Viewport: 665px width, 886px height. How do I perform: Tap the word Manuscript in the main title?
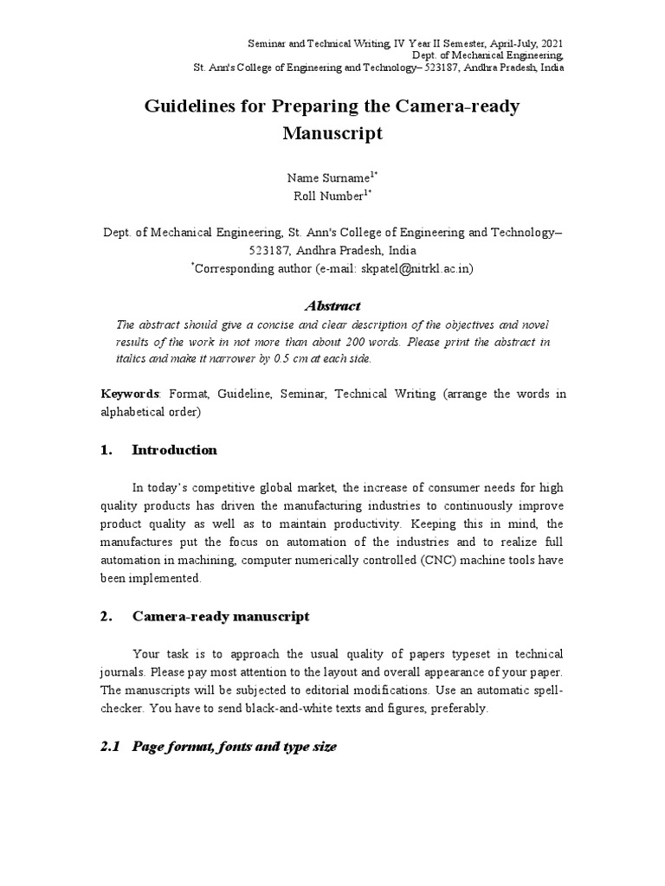332,134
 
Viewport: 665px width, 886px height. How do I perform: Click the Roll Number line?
328,196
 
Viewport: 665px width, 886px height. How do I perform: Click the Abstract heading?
332,305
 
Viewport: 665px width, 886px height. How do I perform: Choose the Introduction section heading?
174,450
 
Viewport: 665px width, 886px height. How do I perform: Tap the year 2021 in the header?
553,42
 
